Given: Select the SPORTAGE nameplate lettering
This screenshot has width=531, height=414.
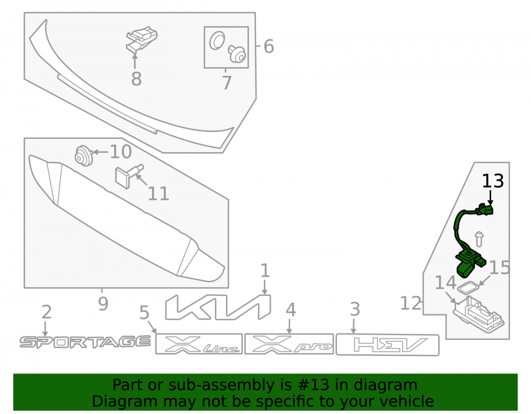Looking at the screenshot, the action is coord(85,342).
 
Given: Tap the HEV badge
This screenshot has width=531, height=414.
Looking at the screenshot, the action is coord(388,345).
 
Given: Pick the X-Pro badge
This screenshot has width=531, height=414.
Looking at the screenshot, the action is coord(289,343).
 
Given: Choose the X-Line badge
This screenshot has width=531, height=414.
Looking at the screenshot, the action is coord(199,343).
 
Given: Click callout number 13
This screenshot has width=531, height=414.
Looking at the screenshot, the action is coord(493,181).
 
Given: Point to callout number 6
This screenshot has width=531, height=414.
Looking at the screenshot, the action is coord(269,46).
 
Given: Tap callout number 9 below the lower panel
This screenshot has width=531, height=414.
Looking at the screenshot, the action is coord(104,304).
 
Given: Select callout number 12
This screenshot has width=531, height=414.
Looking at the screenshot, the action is coord(411,303).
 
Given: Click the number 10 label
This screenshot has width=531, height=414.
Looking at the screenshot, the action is coord(121,152).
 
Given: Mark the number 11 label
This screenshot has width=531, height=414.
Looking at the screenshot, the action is coord(158,193).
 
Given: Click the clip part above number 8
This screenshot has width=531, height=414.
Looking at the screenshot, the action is coord(142,39).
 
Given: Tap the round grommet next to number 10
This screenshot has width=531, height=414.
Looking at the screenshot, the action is coord(84,155).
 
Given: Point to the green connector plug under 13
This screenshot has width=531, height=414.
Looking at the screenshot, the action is coord(485,209).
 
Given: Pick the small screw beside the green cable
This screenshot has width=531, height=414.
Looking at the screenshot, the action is coord(479,239).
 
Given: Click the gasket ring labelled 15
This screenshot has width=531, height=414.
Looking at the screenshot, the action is coord(468,288).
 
